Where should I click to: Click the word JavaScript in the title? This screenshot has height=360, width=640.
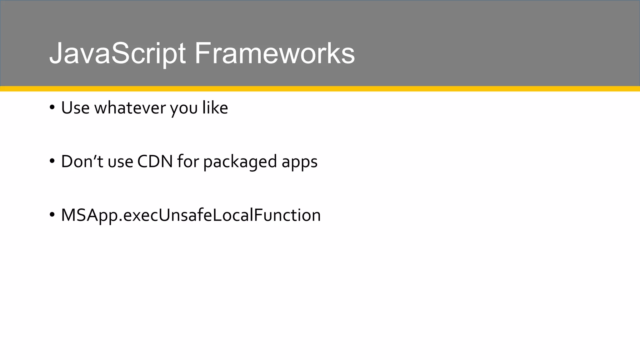[117, 54]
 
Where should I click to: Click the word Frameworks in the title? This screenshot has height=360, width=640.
[274, 54]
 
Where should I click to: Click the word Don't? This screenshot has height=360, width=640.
[82, 162]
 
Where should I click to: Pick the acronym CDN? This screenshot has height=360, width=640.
[155, 162]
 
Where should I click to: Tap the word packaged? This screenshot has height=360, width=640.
[240, 162]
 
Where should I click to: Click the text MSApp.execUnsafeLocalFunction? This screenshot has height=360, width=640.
[191, 215]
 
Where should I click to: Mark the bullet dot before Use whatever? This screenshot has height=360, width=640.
[52, 108]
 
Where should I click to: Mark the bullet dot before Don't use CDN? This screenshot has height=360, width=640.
[52, 162]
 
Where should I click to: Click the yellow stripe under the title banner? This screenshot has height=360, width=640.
[320, 89]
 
